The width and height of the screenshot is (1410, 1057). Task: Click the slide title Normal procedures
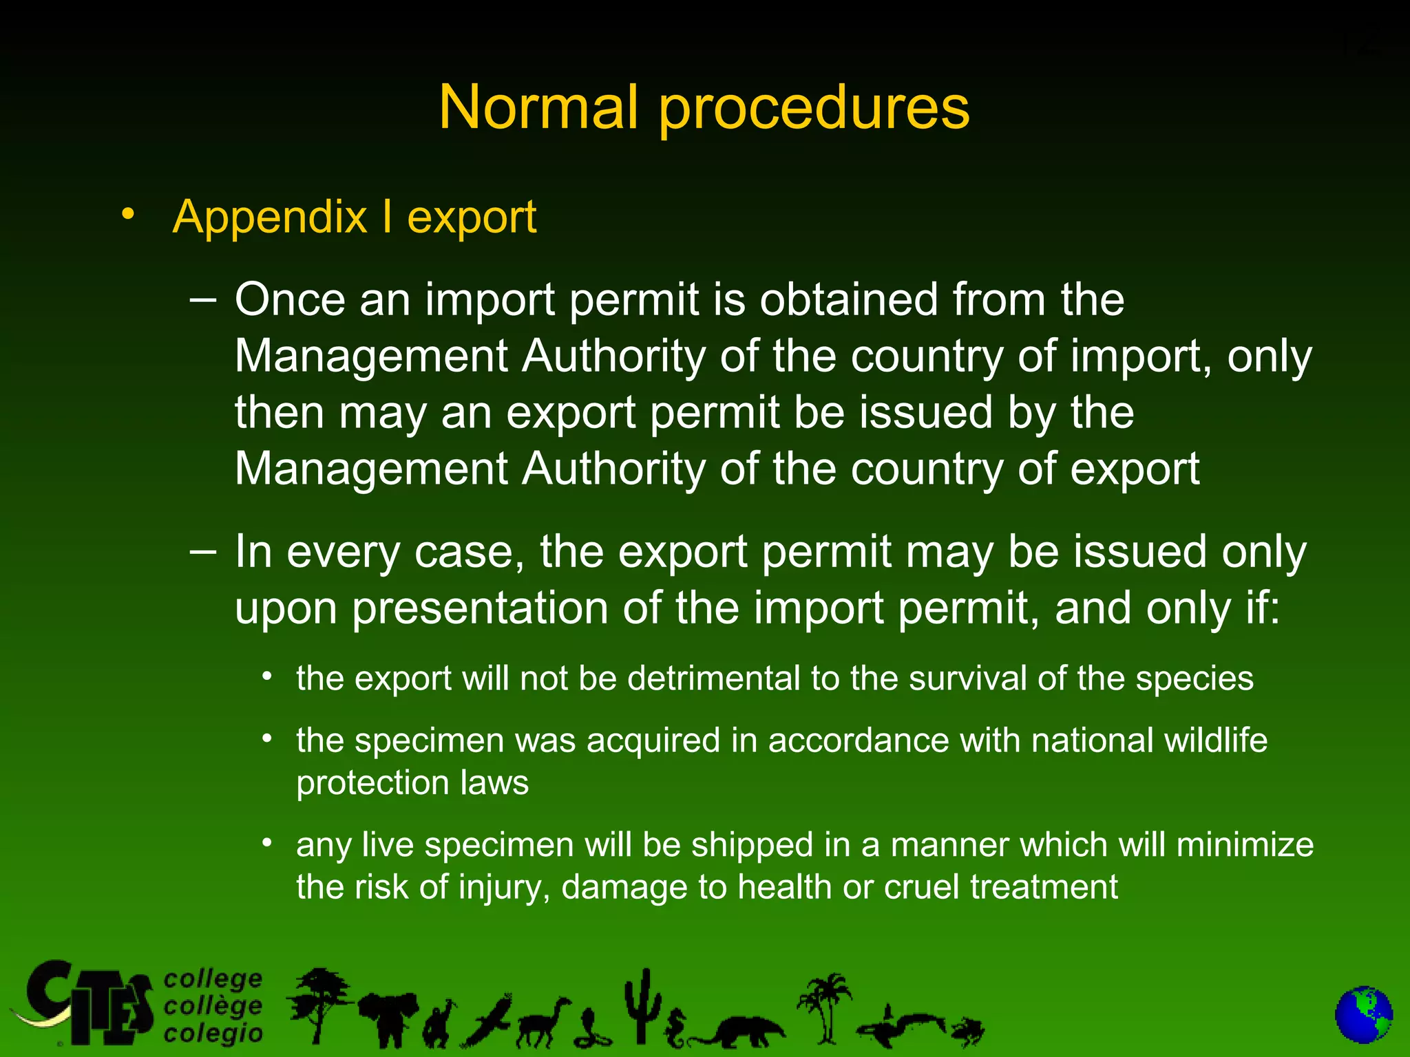coord(704,107)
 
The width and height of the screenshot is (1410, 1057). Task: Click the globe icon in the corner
coord(1363,1016)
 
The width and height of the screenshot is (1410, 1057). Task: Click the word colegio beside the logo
coord(213,1034)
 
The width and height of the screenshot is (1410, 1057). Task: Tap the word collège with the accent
coord(213,1006)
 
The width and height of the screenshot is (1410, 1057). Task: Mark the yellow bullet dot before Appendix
coord(127,214)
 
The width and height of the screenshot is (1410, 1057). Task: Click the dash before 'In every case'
coord(202,551)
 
